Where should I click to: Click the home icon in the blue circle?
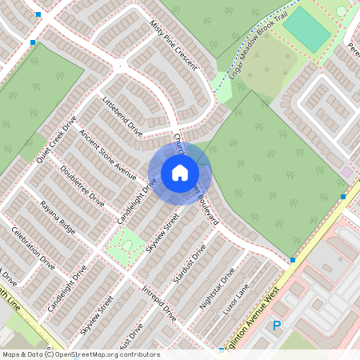[180, 173]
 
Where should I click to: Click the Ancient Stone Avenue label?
[102, 151]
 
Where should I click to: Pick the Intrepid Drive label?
[158, 302]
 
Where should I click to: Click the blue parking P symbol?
[277, 326]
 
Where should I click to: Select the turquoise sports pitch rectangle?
[306, 30]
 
